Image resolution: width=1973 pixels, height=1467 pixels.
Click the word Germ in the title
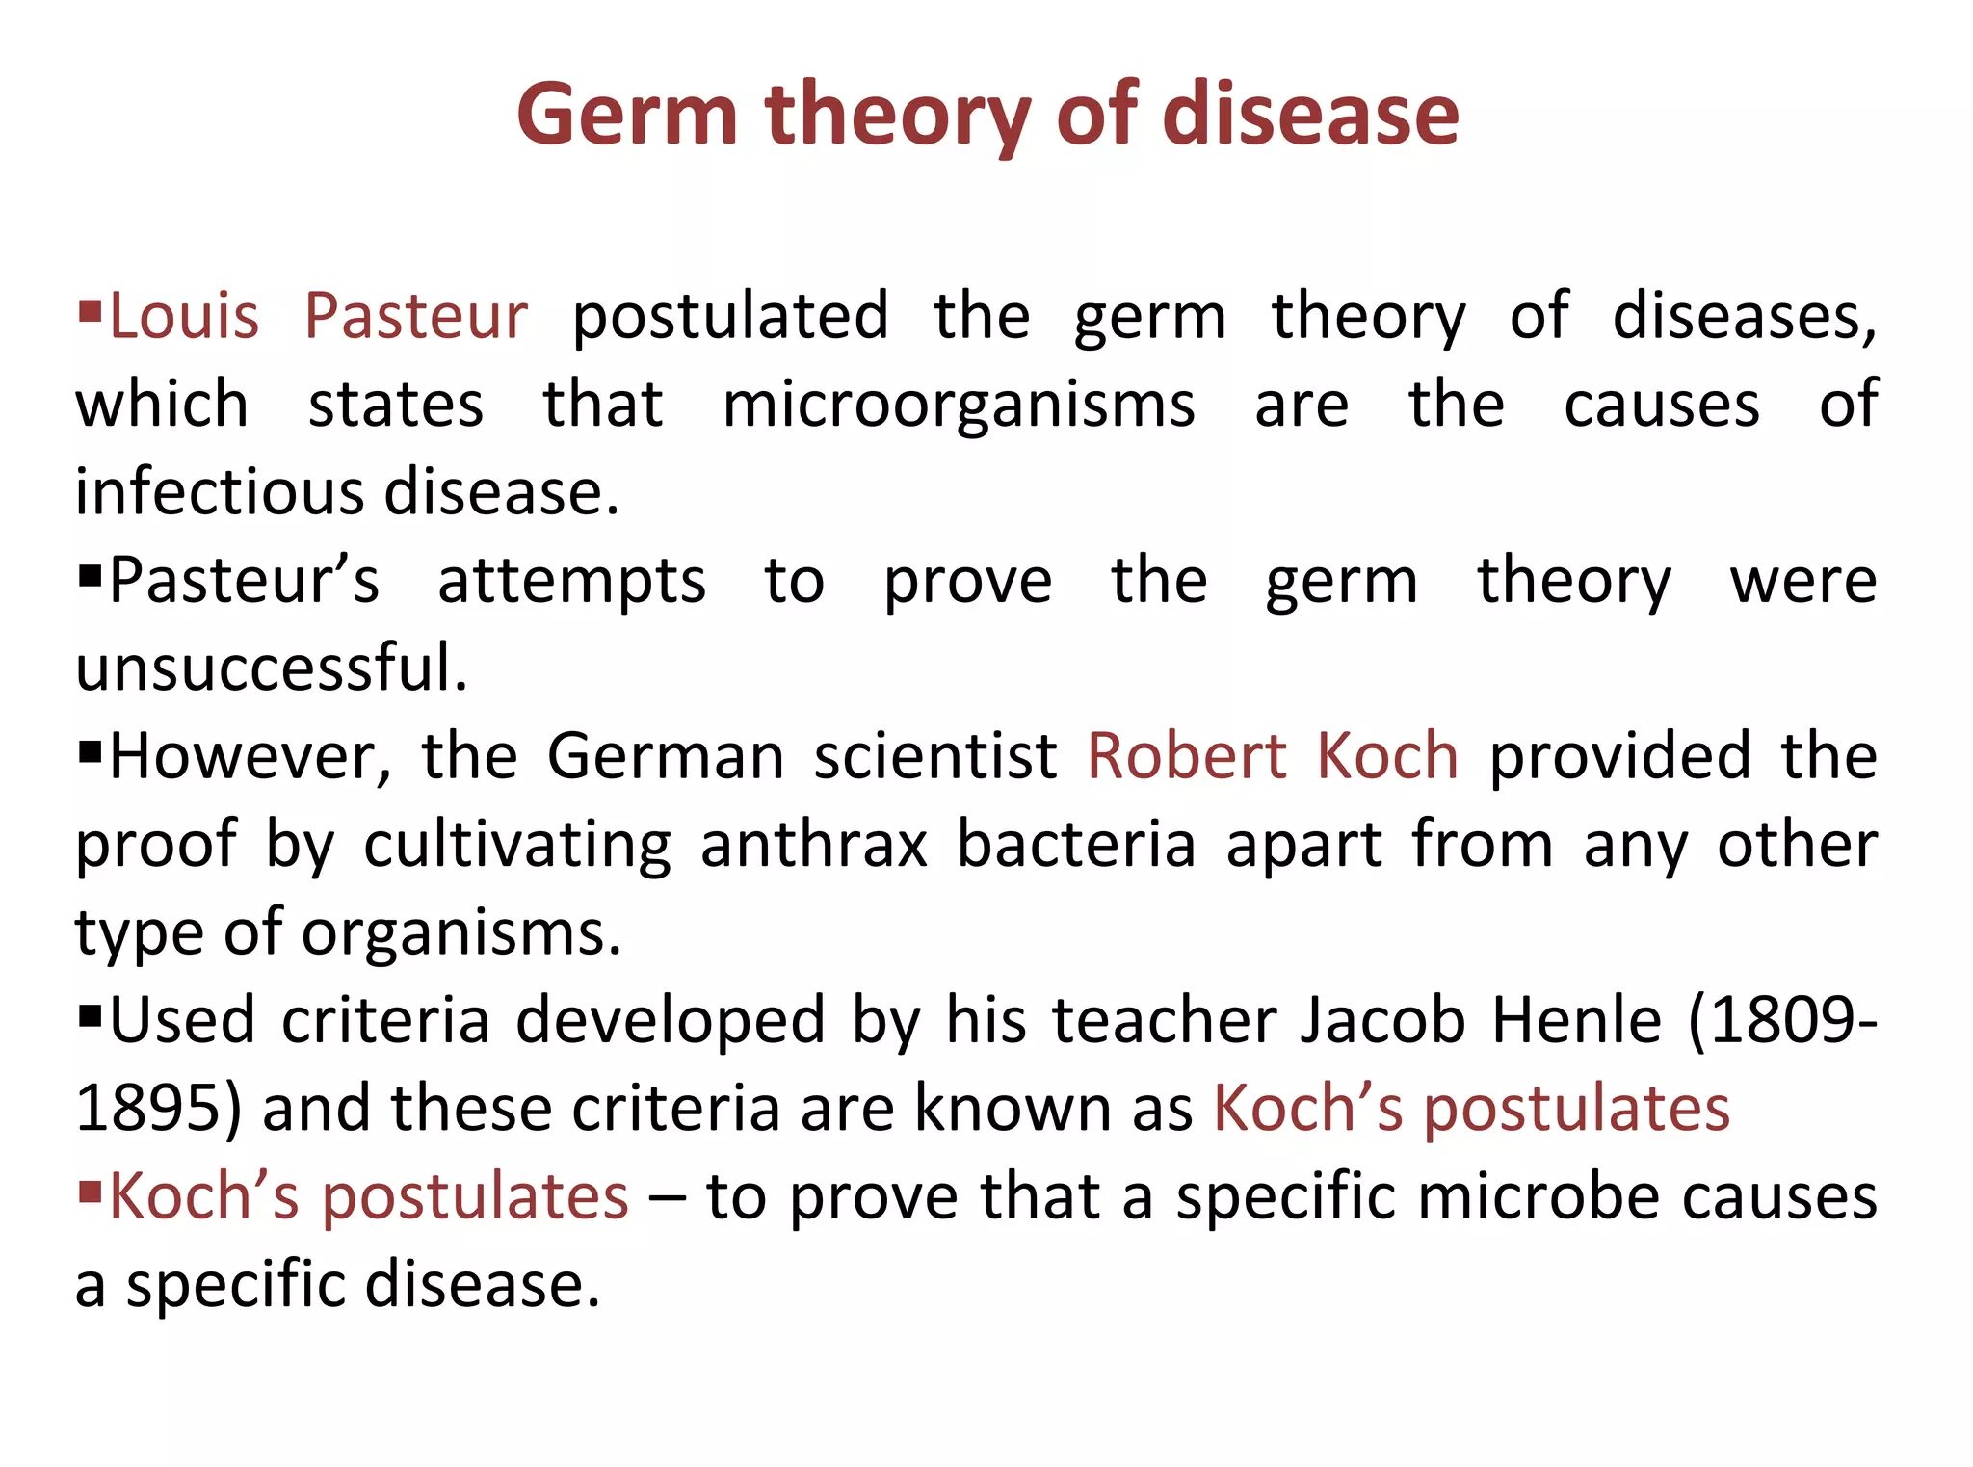pos(626,116)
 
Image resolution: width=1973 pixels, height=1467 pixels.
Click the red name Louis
pos(184,317)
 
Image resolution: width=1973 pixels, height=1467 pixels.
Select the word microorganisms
pos(959,405)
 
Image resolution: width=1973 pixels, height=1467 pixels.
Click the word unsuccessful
pos(271,668)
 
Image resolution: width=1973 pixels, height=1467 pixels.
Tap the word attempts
pos(572,581)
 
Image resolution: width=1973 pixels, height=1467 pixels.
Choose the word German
pos(666,756)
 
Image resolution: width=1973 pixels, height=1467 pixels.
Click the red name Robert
pos(1187,756)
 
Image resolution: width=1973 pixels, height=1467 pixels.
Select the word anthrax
pos(814,845)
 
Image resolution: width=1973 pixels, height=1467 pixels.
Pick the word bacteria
pos(1076,845)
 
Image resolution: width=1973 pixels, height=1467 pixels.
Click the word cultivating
pos(517,845)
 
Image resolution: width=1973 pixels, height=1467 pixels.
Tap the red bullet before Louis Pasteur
pos(90,311)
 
